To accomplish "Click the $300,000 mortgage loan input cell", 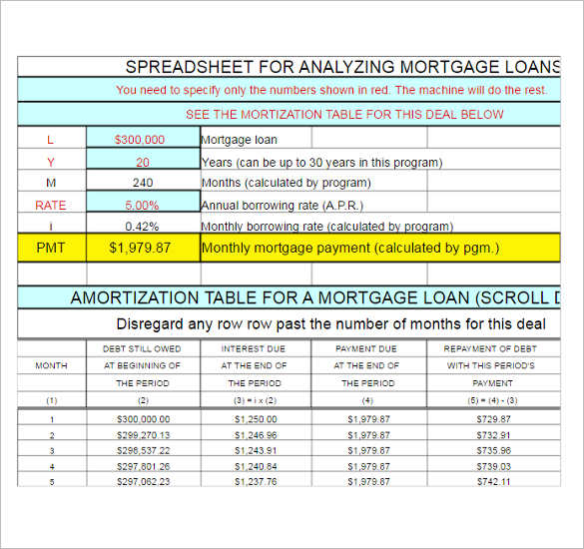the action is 142,140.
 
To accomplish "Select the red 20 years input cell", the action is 143,162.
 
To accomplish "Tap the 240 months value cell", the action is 143,183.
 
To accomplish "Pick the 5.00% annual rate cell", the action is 142,205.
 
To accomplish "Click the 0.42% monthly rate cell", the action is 143,226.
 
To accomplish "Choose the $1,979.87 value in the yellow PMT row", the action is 142,248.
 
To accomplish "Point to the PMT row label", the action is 51,248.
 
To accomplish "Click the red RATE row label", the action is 51,205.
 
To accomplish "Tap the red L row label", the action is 51,140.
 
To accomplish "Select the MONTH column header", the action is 51,365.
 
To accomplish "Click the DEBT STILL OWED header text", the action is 142,348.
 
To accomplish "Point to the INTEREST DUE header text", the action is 255,348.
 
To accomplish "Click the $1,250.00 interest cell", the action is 255,419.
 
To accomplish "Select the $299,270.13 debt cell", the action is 143,435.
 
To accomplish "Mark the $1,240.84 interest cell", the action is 255,466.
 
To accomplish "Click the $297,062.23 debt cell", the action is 143,481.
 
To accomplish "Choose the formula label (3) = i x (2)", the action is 255,400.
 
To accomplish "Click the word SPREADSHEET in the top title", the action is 185,67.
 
